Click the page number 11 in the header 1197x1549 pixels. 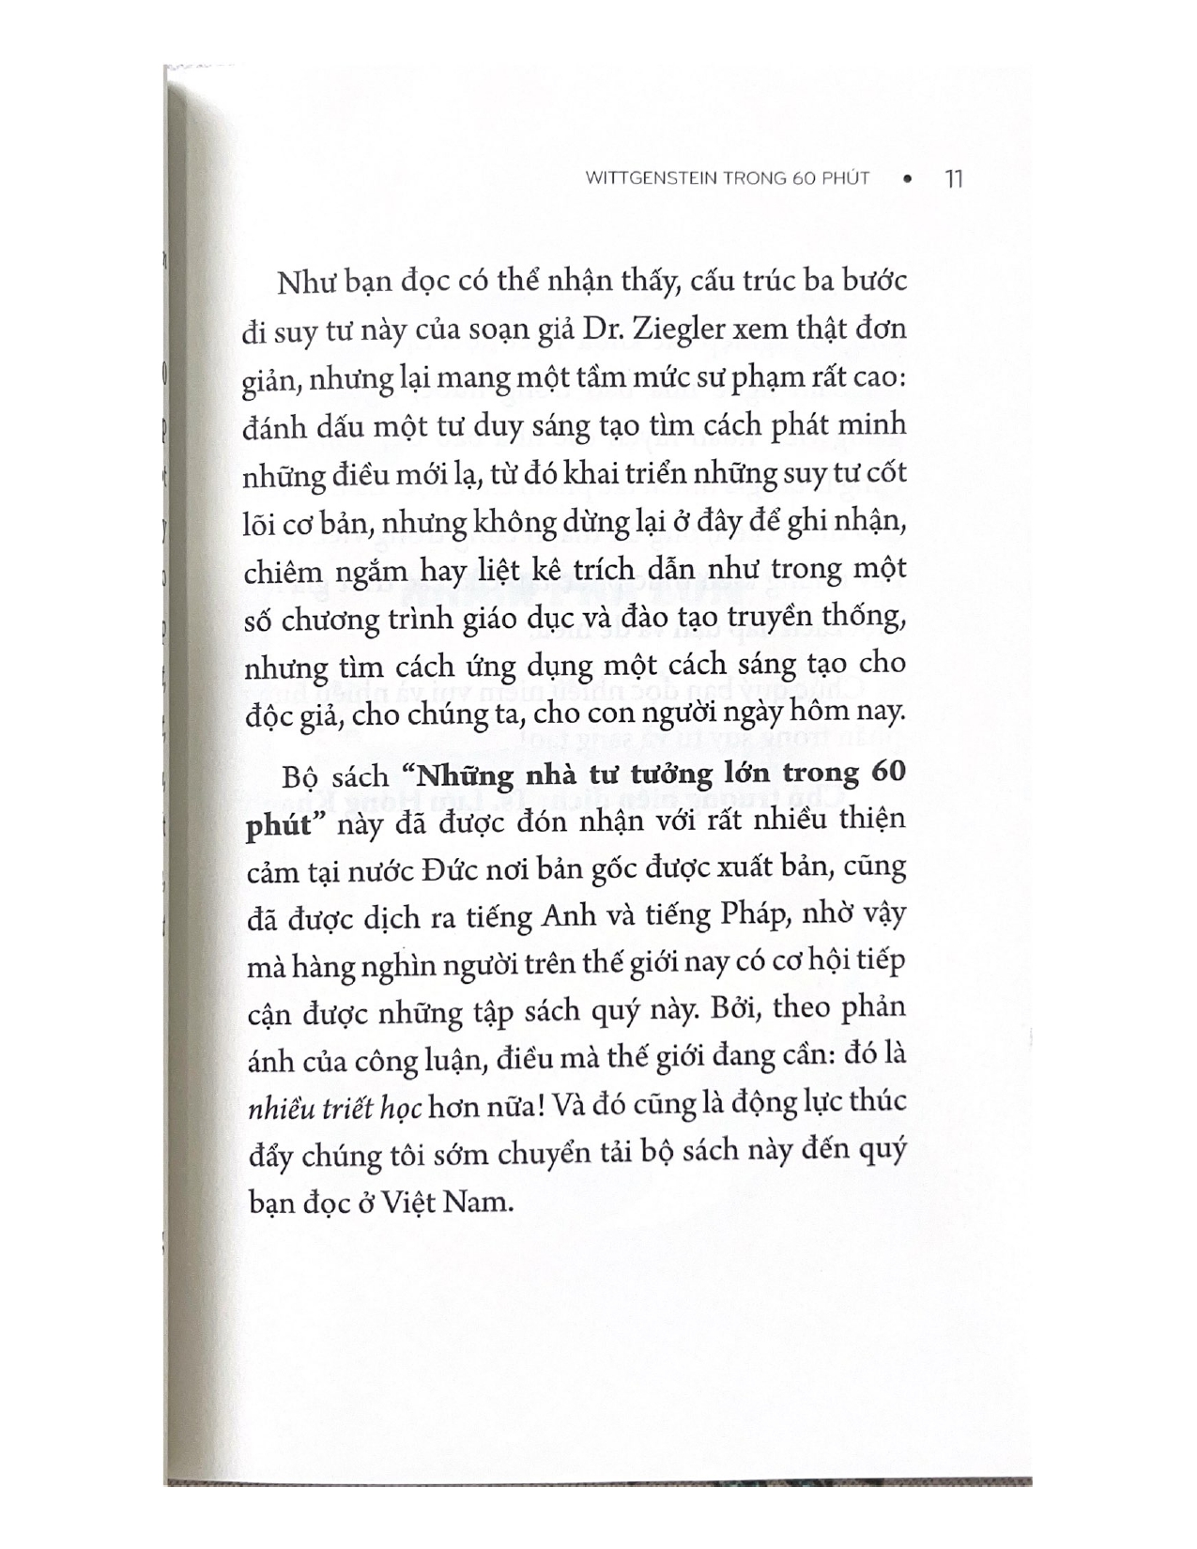[952, 178]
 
